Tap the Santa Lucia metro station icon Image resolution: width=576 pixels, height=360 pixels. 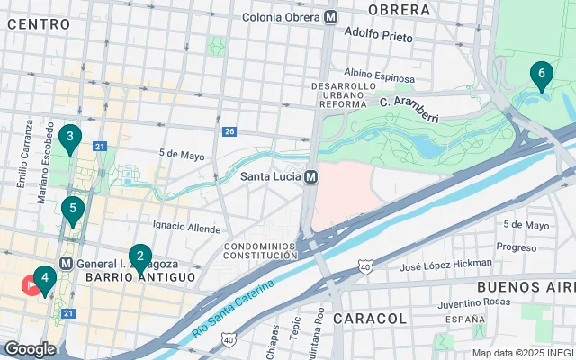click(x=310, y=176)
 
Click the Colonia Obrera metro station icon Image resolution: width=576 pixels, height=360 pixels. click(x=331, y=16)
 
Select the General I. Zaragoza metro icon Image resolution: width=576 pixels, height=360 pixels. click(x=66, y=264)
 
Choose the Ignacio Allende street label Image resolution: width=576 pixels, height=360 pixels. click(x=186, y=225)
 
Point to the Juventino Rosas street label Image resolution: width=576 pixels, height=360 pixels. click(x=475, y=304)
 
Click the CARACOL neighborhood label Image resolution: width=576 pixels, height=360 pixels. click(x=369, y=319)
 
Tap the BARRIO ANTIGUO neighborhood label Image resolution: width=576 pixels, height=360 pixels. click(x=140, y=278)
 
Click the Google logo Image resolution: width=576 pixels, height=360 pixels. click(x=30, y=348)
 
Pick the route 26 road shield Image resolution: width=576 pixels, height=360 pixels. click(x=229, y=132)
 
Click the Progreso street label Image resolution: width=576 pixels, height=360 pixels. click(x=517, y=247)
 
